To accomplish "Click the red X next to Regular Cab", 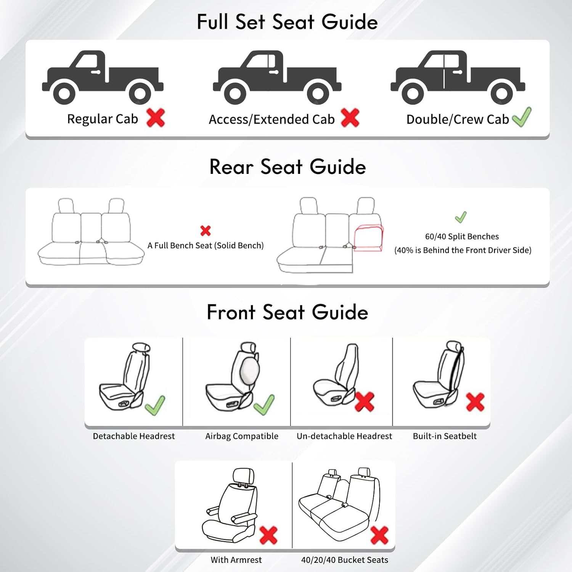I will click(155, 117).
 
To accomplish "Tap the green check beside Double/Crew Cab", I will click(522, 117).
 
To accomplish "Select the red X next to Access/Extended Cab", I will click(350, 117).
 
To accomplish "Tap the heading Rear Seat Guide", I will click(288, 167).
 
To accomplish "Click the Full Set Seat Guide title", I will click(287, 22).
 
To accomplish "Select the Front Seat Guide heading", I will click(287, 312).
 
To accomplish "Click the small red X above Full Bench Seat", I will click(206, 230).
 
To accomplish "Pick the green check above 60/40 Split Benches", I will click(461, 217).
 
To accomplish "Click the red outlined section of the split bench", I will click(368, 238).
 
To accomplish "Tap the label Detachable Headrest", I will click(133, 436).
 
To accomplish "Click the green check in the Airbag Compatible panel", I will click(264, 405).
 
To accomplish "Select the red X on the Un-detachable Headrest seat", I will click(364, 402).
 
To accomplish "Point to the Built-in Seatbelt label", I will click(445, 436).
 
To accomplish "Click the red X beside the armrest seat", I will click(268, 535).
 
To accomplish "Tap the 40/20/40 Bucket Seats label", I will click(344, 560).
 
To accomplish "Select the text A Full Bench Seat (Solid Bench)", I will click(206, 246).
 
